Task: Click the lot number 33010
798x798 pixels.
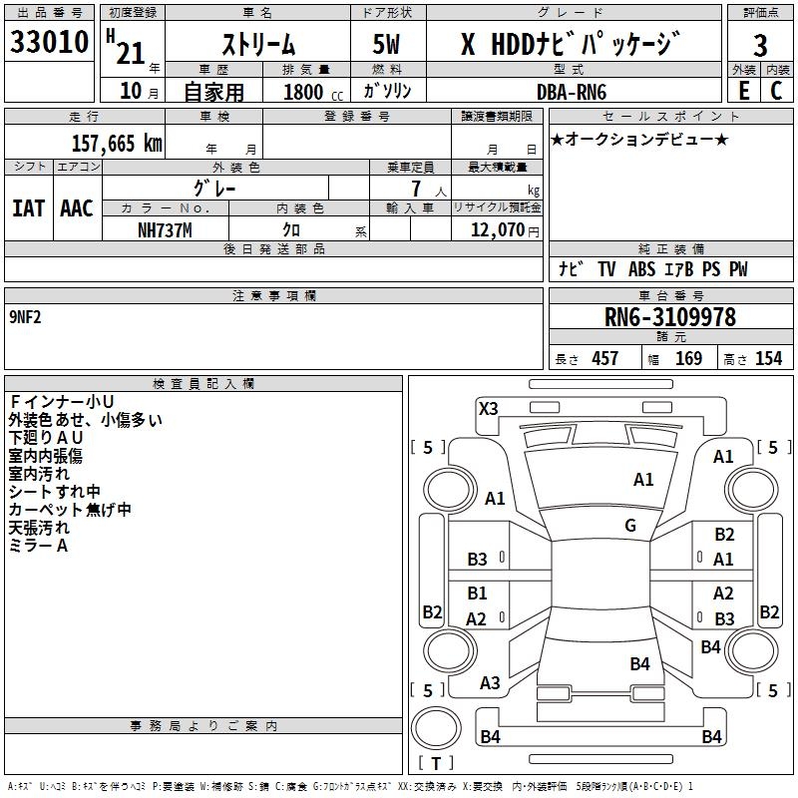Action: point(49,42)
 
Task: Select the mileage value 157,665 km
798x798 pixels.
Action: point(117,144)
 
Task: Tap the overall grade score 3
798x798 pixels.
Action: point(760,46)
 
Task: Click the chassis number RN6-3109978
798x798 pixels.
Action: point(669,317)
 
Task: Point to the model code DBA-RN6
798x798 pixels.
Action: point(572,92)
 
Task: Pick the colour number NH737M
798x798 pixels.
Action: point(165,230)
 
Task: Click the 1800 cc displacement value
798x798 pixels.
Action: point(313,92)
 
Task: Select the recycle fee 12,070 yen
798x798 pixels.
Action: point(505,230)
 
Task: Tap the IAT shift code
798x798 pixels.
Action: point(29,208)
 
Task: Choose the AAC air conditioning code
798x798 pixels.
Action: point(77,208)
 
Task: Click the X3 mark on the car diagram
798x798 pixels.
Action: point(488,409)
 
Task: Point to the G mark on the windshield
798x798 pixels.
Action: point(630,525)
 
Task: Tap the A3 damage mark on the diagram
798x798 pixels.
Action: point(490,683)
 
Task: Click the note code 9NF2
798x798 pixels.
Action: point(25,317)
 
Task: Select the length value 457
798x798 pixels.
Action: point(604,358)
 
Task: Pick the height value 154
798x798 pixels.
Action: point(768,358)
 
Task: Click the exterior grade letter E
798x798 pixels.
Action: point(744,91)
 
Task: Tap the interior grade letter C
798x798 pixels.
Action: point(776,91)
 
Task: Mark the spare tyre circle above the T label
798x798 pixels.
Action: point(436,729)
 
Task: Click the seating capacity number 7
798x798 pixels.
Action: point(416,189)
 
